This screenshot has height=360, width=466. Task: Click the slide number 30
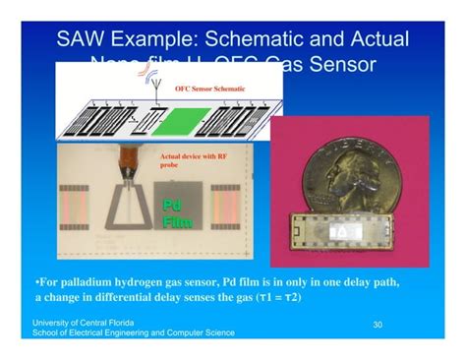pos(378,324)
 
